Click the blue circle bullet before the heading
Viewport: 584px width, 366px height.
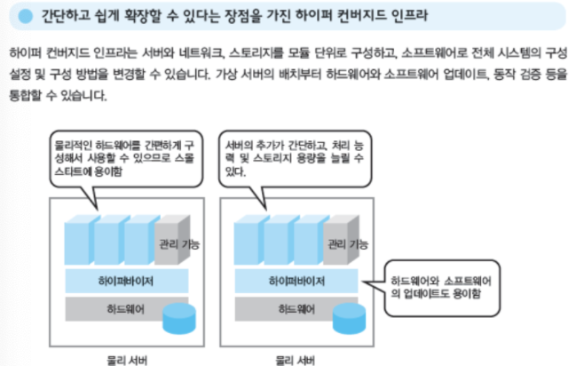[x=26, y=15]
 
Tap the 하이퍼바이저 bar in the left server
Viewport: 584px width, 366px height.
[x=126, y=280]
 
